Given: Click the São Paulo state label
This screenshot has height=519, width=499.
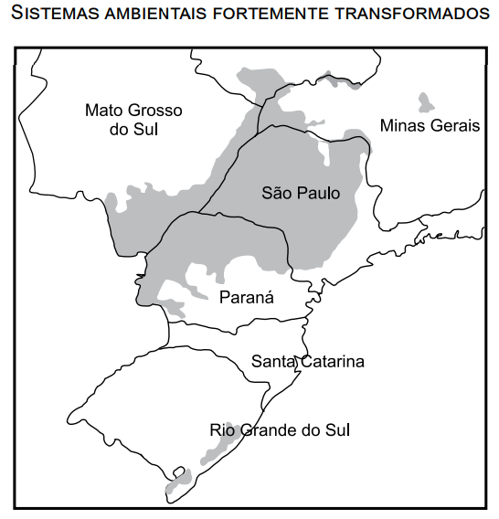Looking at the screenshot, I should (300, 193).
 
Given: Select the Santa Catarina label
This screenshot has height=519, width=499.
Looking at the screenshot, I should (307, 361).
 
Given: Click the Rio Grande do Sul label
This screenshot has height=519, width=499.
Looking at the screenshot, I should (279, 429).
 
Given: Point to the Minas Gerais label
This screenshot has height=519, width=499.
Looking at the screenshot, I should (429, 125).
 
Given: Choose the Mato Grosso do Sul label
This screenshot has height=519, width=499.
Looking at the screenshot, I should (133, 120).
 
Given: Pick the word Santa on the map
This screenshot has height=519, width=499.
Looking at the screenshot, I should (271, 361).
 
